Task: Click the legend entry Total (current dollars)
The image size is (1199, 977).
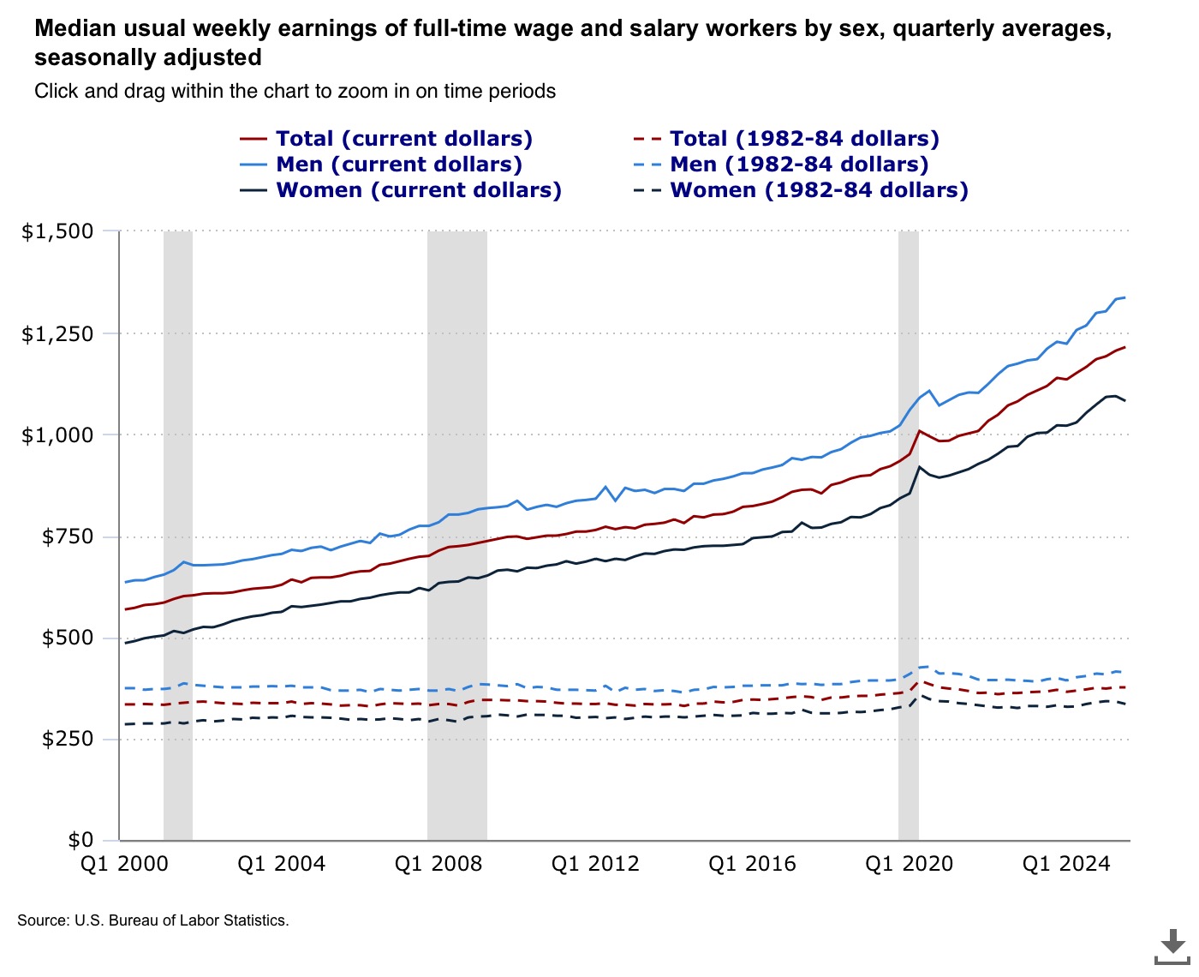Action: coord(403,139)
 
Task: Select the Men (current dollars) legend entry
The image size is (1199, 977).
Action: coord(398,165)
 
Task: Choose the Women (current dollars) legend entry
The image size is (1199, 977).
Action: coord(418,190)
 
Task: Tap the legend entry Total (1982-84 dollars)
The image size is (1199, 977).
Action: coord(803,139)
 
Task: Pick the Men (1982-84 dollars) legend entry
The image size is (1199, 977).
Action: coord(798,165)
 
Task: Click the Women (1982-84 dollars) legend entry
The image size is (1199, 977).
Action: coord(818,190)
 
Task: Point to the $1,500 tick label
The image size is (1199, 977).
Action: coord(57,231)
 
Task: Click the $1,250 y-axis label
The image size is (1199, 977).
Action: coord(57,333)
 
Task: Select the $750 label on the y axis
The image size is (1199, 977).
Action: coord(68,536)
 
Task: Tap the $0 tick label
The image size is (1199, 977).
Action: coord(81,840)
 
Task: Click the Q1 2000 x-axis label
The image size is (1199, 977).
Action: coord(124,864)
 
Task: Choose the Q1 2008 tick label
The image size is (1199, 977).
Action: coord(438,864)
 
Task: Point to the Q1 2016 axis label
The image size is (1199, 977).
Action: coord(752,864)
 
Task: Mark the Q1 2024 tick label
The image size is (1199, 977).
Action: coord(1066,864)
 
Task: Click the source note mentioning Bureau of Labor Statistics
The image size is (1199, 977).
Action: coord(153,920)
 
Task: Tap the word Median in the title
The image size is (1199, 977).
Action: coord(74,28)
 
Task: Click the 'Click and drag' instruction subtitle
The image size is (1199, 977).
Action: coord(295,91)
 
